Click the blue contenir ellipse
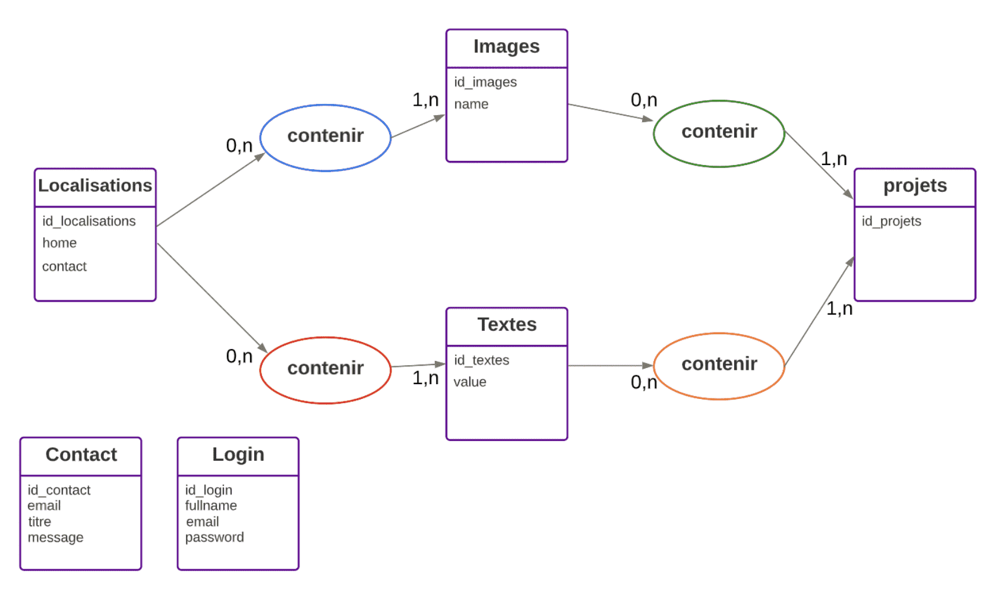pos(325,138)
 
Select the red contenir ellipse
pos(325,370)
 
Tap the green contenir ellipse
pos(719,133)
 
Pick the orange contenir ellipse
pos(719,366)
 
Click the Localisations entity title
pos(95,186)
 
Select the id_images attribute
pos(485,82)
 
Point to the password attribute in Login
pos(214,537)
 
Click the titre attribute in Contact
pos(40,522)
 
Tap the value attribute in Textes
pos(470,382)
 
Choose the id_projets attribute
pos(891,221)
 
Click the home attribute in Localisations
pos(59,243)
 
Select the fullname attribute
pos(211,506)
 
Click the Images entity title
pos(506,47)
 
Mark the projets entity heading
pos(915,186)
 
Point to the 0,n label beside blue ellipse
pos(239,145)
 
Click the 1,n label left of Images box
pos(425,100)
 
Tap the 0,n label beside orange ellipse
pos(644,382)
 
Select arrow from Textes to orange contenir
pos(610,366)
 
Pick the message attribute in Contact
pos(56,538)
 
